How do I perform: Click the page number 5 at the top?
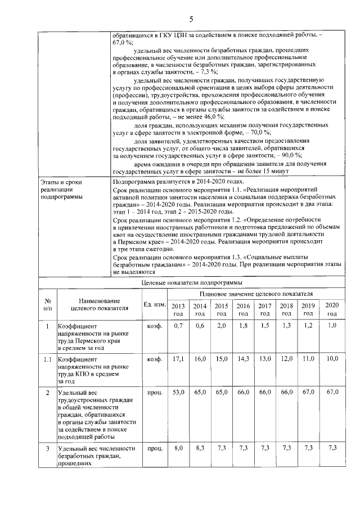tap(191, 19)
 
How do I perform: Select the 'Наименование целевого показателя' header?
tap(100, 304)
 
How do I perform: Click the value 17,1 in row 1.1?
tap(178, 358)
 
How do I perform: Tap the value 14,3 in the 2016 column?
tap(243, 358)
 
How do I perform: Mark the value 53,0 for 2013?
tap(178, 391)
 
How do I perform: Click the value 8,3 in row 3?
tap(200, 448)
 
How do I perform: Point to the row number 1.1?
tap(48, 358)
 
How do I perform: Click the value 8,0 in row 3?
tap(178, 448)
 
